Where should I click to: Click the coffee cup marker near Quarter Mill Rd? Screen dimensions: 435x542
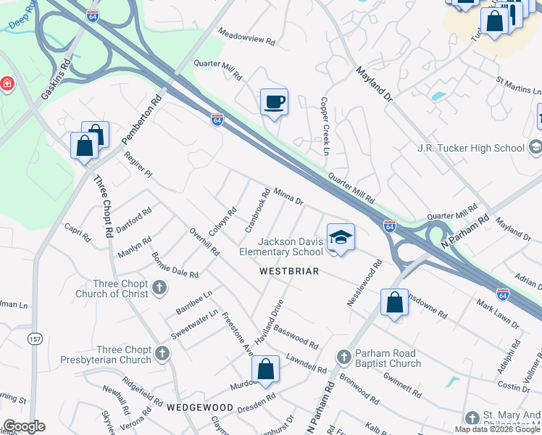point(274,102)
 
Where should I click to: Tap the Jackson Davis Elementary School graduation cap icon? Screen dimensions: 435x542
point(341,237)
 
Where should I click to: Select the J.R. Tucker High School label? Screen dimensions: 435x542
point(470,148)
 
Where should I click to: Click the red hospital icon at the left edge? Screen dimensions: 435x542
point(7,83)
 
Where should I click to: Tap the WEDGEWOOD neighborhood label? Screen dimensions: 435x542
point(200,407)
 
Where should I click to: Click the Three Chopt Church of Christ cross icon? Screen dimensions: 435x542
point(160,289)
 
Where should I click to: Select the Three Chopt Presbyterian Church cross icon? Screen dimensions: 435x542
point(162,354)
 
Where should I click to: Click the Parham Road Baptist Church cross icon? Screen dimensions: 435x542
point(344,357)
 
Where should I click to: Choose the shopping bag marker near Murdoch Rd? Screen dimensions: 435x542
point(266,368)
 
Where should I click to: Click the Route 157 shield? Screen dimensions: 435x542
point(36,339)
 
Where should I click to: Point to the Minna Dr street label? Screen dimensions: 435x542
point(288,196)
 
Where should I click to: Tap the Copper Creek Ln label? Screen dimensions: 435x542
point(325,126)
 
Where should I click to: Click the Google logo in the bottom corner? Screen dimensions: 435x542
point(24,426)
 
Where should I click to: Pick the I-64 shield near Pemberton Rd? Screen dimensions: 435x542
point(217,119)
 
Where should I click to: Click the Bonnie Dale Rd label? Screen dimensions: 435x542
point(175,265)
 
